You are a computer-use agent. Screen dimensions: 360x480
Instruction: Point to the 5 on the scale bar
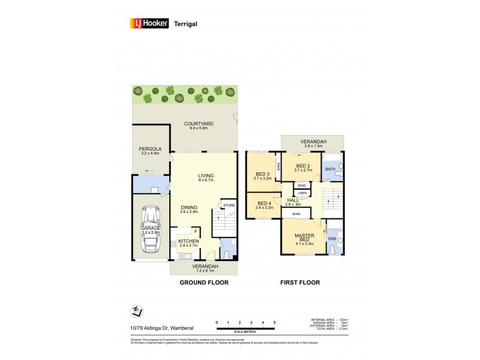275,323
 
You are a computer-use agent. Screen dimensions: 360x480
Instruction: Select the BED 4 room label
265,203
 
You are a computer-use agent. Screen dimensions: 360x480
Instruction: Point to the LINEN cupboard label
302,193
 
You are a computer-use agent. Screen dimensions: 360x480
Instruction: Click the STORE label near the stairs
229,205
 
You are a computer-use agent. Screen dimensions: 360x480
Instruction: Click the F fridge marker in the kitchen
195,230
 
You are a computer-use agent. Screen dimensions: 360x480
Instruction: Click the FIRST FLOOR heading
299,282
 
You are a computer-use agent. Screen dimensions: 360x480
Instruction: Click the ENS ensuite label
331,239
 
